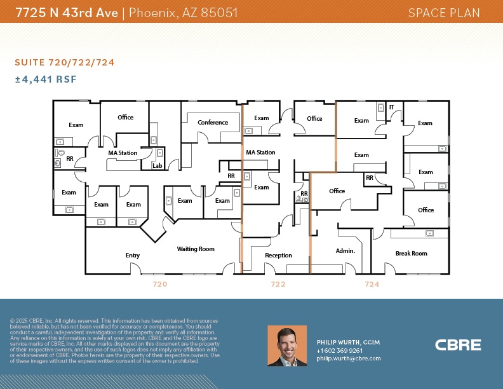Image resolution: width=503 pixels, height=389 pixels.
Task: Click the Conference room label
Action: coord(213,123)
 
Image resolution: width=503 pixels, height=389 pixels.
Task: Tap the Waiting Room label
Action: coord(196,249)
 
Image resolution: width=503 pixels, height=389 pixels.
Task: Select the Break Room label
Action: coord(411,254)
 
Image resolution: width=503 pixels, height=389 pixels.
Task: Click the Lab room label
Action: coord(157,166)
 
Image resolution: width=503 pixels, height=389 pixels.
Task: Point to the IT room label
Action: coord(391,107)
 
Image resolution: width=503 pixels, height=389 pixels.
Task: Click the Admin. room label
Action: coord(345,251)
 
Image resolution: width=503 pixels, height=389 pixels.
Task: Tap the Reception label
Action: coord(278,256)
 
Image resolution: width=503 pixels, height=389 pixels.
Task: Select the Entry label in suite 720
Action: coord(133,256)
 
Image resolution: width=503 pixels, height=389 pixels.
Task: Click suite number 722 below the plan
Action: coord(278,284)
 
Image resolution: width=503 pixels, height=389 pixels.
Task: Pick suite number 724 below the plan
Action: coord(372,284)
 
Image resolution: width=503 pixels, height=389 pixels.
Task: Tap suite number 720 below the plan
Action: coord(159,284)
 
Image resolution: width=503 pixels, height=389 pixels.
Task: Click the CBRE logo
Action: coord(458,345)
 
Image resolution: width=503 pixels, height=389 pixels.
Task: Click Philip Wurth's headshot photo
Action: coord(287,346)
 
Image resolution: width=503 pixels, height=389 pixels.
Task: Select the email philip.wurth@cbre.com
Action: coord(349,358)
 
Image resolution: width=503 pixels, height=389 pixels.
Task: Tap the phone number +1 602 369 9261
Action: coord(340,350)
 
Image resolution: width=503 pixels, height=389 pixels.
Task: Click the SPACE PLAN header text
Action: coord(443,13)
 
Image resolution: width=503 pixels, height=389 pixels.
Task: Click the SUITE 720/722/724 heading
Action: coord(65,62)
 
